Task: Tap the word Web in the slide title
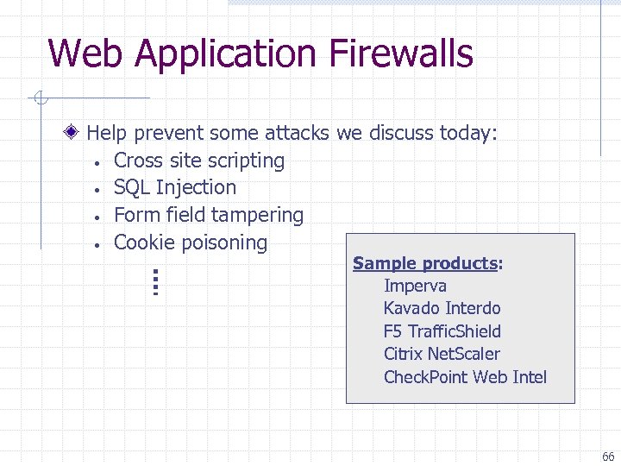tap(86, 54)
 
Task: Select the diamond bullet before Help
tap(75, 133)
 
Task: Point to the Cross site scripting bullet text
tap(199, 161)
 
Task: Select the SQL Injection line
tap(175, 187)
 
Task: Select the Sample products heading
tap(428, 263)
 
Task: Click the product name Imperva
tap(415, 286)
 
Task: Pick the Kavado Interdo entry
tap(442, 308)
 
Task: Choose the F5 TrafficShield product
tap(442, 331)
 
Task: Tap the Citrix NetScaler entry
tap(442, 354)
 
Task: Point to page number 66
tap(608, 457)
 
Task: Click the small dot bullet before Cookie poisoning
tap(101, 244)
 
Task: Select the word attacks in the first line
tap(298, 133)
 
